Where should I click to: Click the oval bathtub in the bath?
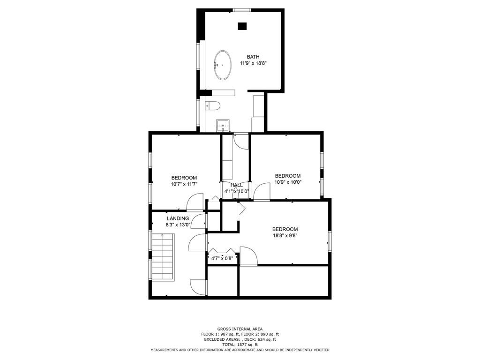(x=223, y=65)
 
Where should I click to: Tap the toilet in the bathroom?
(x=212, y=105)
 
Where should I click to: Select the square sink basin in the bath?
(x=223, y=125)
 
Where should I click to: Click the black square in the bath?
(x=242, y=26)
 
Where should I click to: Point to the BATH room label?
(x=253, y=57)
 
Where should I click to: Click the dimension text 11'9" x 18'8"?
(x=254, y=63)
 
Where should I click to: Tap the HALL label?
(x=236, y=185)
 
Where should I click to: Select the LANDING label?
(x=178, y=218)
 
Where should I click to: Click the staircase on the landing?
(x=163, y=257)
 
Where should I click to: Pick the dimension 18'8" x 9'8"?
(x=285, y=236)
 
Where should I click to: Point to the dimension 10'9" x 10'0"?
(x=288, y=182)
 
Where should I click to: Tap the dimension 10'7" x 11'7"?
(x=184, y=184)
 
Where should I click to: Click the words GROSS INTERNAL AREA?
(x=240, y=329)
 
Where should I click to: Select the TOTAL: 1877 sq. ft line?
(x=240, y=345)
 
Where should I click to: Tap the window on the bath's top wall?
(x=242, y=10)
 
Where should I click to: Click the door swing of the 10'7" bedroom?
(x=195, y=202)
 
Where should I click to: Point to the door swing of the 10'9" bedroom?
(x=262, y=192)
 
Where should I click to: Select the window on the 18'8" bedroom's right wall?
(x=330, y=241)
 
